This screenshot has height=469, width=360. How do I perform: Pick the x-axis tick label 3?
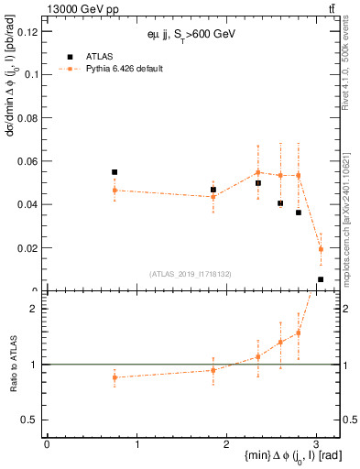[315, 444]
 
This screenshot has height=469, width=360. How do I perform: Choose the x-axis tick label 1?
[136, 444]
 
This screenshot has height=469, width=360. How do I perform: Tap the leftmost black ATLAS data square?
[115, 172]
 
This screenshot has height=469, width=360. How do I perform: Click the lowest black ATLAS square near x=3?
[321, 279]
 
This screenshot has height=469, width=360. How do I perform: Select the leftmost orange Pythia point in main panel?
[115, 190]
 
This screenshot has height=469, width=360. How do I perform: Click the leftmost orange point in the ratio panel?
[115, 377]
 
